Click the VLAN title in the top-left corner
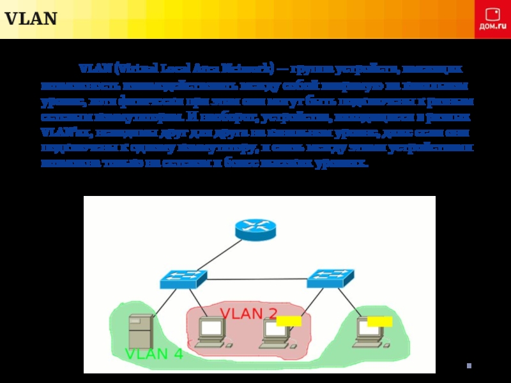pos(31,19)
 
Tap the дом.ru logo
pos(492,19)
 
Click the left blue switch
pos(183,278)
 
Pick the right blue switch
pos(330,278)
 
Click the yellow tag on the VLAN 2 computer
pos(289,320)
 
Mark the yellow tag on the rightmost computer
pos(379,320)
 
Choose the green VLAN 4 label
pos(153,354)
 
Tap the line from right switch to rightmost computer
pos(346,302)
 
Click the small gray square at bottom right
pos(469,366)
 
